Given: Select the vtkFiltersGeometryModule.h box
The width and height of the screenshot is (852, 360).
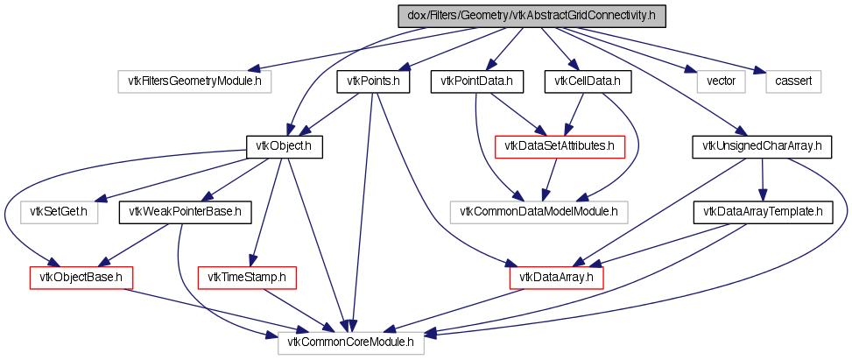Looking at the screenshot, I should click(194, 81).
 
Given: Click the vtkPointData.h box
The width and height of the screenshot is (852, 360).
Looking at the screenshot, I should click(476, 81).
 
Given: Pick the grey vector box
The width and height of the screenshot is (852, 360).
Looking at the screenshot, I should click(722, 81).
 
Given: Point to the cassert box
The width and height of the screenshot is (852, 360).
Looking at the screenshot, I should click(794, 81).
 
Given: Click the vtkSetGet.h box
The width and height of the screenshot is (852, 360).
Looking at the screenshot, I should click(60, 211).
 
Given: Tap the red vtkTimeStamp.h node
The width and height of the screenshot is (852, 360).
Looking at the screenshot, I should click(248, 278).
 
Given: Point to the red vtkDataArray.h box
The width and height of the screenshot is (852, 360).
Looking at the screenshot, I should click(557, 278).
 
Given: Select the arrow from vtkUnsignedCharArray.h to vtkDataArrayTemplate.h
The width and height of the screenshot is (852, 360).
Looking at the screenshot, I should click(762, 179).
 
